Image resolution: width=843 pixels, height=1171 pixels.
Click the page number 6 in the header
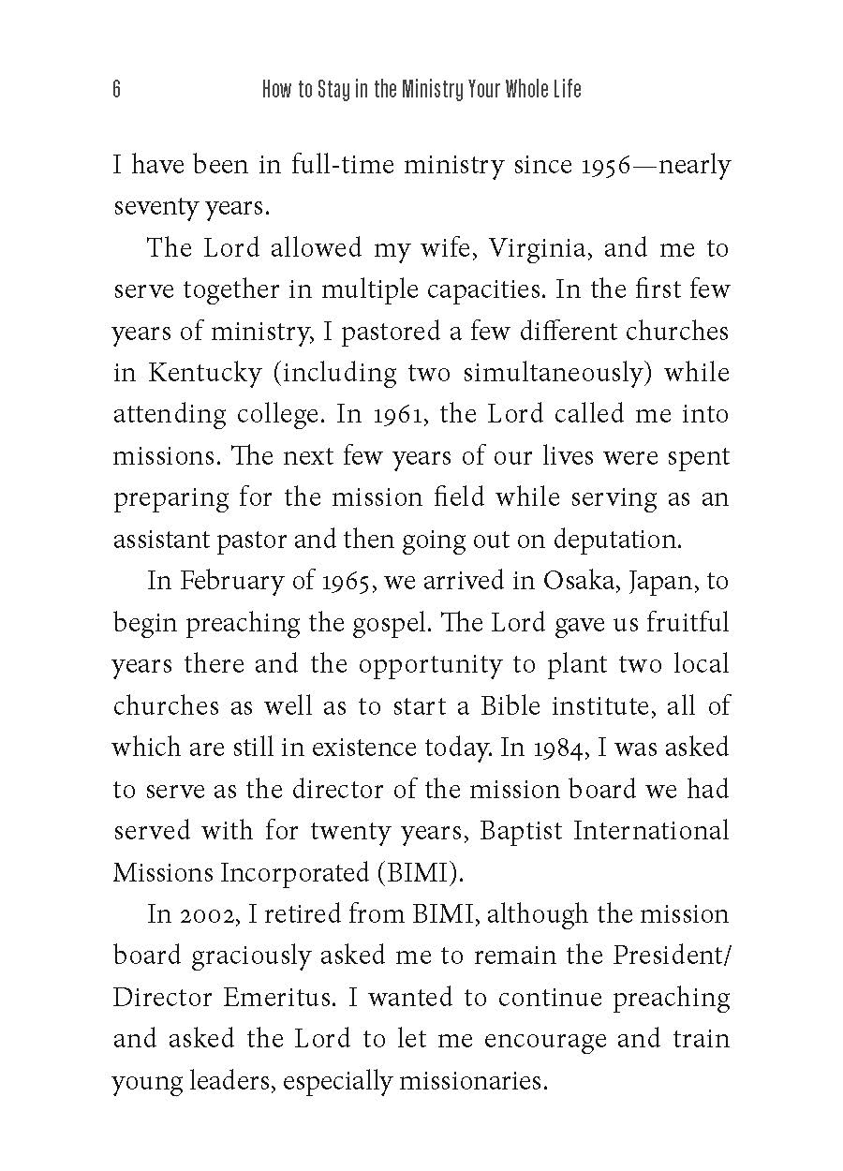point(116,90)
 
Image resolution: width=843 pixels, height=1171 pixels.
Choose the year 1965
point(350,581)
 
